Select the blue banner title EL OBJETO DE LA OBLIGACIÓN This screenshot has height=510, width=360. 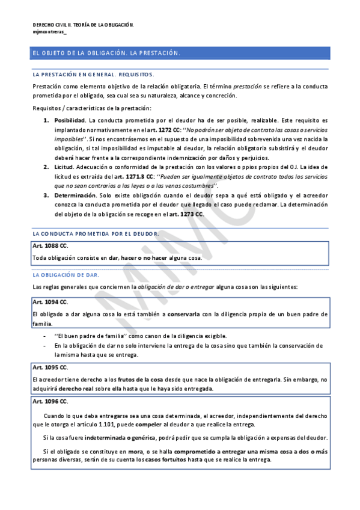coord(106,54)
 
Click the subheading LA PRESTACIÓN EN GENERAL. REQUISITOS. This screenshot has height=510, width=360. coord(93,75)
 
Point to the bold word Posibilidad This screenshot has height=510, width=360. coord(70,120)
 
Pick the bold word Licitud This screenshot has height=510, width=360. coord(64,166)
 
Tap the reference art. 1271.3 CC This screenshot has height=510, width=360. coord(132,175)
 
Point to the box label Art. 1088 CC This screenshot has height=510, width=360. coord(50,246)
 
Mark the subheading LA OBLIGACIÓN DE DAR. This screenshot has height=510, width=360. coord(66,274)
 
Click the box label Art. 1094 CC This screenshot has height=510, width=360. coord(50,301)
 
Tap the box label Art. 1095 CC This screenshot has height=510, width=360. coord(50,367)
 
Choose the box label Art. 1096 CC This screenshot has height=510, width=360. coord(50,401)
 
